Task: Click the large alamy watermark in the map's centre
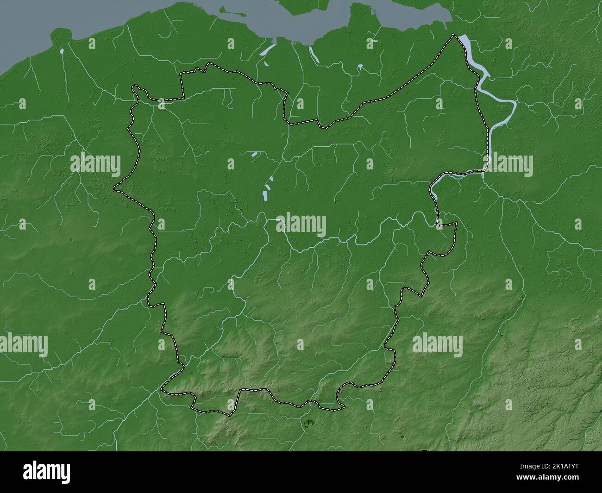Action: (x=301, y=225)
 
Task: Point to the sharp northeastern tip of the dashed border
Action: (x=454, y=35)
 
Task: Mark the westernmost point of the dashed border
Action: (x=114, y=189)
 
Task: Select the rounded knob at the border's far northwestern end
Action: (x=134, y=86)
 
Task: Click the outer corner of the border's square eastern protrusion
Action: (x=456, y=223)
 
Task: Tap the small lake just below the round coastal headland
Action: (x=62, y=50)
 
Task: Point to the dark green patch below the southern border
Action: (x=309, y=422)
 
